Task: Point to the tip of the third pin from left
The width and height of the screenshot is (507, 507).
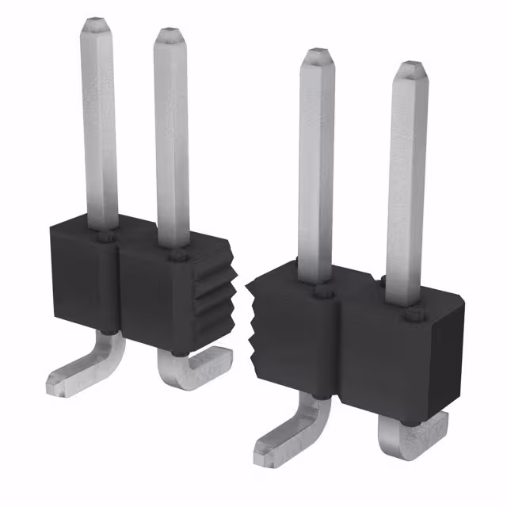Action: coord(318,55)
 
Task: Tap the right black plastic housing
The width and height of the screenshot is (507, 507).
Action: coord(396,349)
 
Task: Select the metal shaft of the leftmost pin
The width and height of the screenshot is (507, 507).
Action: coord(99,127)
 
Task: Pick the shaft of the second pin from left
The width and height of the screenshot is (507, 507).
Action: coord(172,143)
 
